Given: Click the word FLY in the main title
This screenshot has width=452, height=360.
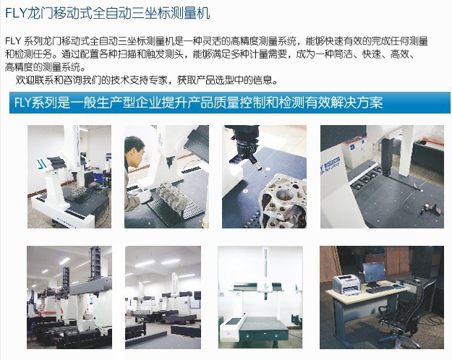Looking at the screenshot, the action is (x=15, y=13).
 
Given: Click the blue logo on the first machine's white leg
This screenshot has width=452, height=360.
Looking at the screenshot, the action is (x=43, y=163).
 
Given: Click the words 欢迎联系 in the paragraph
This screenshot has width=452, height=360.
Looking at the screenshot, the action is (x=30, y=80).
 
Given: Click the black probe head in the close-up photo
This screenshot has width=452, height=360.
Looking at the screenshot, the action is (x=245, y=145).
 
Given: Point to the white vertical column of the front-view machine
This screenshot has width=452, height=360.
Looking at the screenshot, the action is (x=266, y=270).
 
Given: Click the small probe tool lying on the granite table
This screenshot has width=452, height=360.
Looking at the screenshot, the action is (x=430, y=208).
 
